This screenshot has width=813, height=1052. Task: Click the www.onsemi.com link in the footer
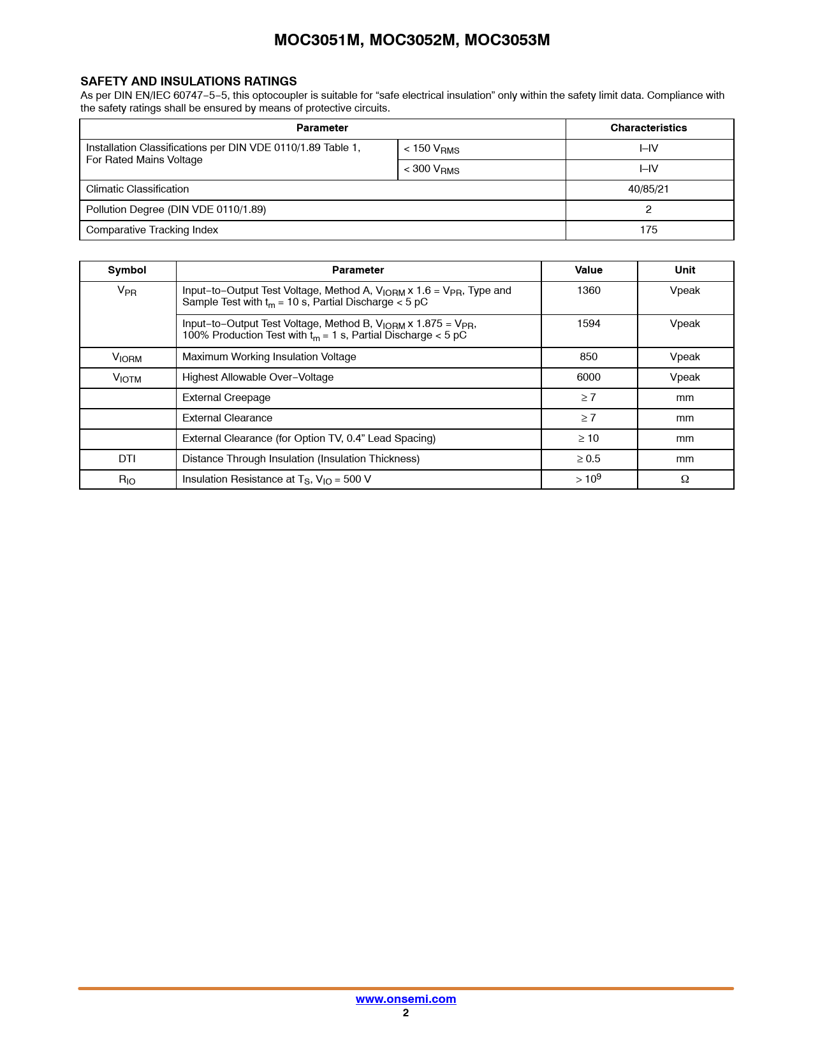point(406,999)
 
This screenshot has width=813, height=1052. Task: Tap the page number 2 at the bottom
point(406,1013)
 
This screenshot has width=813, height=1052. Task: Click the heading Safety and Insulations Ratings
point(189,81)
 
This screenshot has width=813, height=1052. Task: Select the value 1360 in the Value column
point(589,291)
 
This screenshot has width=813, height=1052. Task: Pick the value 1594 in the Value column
point(589,324)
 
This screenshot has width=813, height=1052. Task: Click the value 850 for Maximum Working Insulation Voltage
point(589,357)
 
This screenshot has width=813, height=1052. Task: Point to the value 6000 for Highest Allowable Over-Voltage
point(589,377)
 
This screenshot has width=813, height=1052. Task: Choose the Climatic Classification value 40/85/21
point(648,189)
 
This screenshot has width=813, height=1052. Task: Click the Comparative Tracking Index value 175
point(648,230)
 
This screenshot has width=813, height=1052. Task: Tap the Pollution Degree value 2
point(648,210)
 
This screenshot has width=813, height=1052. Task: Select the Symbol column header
point(127,270)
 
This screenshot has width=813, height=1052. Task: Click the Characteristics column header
point(648,128)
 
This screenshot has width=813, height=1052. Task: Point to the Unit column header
point(685,270)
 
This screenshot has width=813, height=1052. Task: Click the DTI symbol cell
point(127,459)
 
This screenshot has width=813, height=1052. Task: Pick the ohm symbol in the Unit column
point(685,479)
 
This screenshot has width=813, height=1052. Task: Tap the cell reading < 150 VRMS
point(432,149)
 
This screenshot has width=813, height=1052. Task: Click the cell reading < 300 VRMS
point(432,170)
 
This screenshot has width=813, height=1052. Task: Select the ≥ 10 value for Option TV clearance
point(589,439)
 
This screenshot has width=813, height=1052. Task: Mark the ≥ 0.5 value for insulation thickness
point(589,459)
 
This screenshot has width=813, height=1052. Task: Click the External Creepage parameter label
point(226,398)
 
